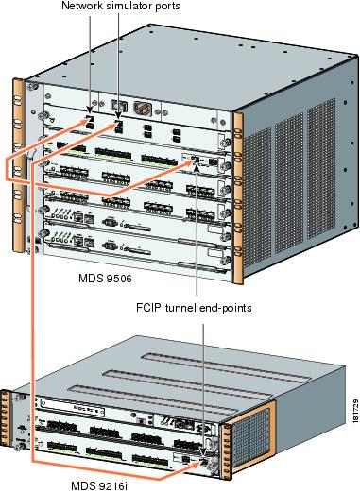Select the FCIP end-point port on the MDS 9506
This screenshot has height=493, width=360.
pyautogui.click(x=194, y=161)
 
